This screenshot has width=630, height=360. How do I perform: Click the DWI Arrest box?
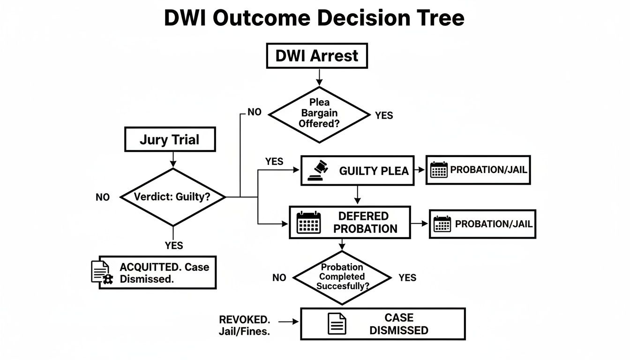click(317, 56)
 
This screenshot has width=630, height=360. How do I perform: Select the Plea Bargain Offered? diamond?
click(319, 114)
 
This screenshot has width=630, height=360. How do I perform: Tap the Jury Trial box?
click(169, 139)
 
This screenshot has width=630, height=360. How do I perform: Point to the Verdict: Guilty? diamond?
click(172, 197)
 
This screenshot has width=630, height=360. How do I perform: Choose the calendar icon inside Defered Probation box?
click(309, 222)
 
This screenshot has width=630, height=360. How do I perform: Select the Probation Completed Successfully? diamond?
click(342, 277)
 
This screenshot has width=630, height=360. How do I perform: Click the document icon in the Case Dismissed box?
click(337, 323)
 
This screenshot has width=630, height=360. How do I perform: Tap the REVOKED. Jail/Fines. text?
click(244, 326)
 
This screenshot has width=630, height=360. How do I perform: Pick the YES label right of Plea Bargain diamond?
click(384, 115)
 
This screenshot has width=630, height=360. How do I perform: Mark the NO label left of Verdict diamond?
click(103, 197)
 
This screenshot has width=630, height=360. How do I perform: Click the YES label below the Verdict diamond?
click(173, 245)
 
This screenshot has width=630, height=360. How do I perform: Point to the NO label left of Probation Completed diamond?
click(279, 277)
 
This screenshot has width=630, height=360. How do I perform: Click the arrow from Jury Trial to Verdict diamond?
click(173, 160)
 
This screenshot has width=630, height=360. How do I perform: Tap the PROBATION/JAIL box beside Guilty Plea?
click(478, 170)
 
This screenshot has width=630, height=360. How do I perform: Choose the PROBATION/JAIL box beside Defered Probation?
click(482, 224)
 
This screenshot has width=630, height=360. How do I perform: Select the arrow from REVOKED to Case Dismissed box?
click(289, 322)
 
